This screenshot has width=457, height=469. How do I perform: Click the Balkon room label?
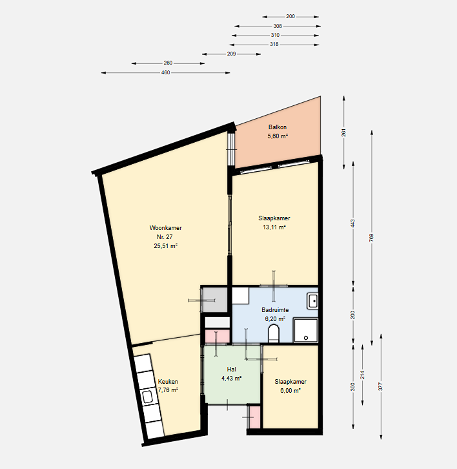click(x=278, y=127)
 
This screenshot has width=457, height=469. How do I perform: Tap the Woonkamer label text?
click(x=166, y=228)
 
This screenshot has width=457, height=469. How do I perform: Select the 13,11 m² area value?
click(x=274, y=227)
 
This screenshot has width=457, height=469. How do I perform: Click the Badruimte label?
click(x=275, y=310)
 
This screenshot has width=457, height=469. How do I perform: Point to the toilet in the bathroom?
click(x=274, y=333)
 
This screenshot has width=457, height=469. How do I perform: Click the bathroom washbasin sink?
click(x=313, y=301)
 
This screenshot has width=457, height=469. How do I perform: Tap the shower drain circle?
click(x=306, y=338)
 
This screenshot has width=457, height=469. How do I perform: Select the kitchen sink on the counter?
click(x=147, y=397)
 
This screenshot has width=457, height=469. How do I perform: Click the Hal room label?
click(x=231, y=370)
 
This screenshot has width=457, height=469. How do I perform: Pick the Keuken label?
click(x=168, y=382)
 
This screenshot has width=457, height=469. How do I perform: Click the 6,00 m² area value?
click(x=290, y=391)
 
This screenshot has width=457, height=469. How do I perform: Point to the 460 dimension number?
click(x=166, y=72)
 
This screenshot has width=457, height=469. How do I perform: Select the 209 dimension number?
click(x=231, y=54)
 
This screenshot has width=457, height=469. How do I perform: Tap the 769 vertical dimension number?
click(x=372, y=238)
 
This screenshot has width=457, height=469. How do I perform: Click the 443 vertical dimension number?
click(x=352, y=224)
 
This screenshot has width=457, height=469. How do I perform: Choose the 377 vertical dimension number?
click(x=380, y=386)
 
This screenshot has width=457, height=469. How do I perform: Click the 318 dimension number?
click(x=274, y=45)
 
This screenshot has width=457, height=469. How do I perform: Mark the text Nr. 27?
click(x=165, y=237)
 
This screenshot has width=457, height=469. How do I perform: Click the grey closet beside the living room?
click(x=215, y=300)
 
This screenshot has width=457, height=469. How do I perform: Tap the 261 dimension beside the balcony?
click(x=344, y=132)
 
